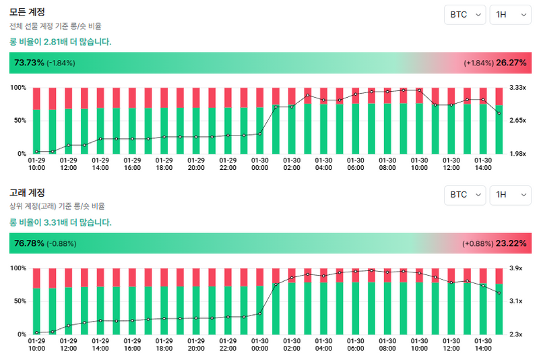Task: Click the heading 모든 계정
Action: (x=27, y=11)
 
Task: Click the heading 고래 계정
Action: (x=27, y=193)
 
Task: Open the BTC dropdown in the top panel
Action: (x=464, y=15)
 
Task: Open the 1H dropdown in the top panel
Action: (x=510, y=15)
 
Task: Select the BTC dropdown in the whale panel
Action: (x=464, y=195)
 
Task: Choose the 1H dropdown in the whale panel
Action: (x=510, y=195)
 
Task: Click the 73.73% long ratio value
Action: (x=29, y=63)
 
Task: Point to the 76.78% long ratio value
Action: (x=29, y=243)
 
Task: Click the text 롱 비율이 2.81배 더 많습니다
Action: (x=60, y=42)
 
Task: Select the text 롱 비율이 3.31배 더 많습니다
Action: (x=60, y=222)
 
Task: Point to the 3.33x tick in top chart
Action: (x=517, y=88)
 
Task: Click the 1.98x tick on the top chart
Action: (x=517, y=154)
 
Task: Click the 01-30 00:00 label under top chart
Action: (x=260, y=164)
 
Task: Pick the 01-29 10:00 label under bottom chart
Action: (x=36, y=344)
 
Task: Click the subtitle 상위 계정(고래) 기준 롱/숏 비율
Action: (x=57, y=206)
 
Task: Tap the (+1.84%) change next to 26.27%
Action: (x=478, y=63)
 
